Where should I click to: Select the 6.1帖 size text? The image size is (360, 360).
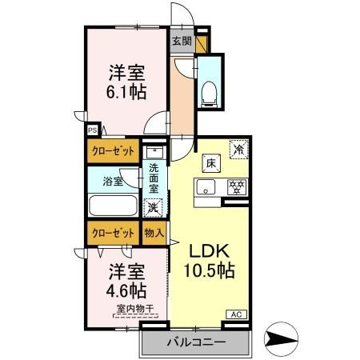pyautogui.click(x=127, y=93)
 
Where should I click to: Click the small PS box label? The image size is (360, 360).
pyautogui.click(x=93, y=127)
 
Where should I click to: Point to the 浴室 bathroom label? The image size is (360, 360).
pyautogui.click(x=113, y=182)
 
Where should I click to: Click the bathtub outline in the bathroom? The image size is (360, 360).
pyautogui.click(x=114, y=206)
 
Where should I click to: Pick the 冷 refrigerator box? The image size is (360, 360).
pyautogui.click(x=238, y=149)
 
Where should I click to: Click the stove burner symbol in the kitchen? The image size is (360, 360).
pyautogui.click(x=236, y=189)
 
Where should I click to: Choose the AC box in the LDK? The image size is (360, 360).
pyautogui.click(x=238, y=314)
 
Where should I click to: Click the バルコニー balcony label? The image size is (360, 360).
pyautogui.click(x=196, y=343)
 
